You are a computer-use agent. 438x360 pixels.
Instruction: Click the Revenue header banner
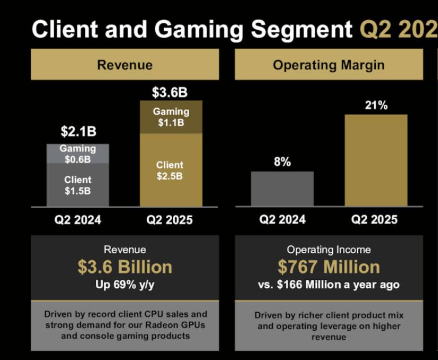pos(124,65)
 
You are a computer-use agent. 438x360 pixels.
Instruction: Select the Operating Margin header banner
pos(328,65)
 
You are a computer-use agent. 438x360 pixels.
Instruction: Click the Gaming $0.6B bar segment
pos(78,154)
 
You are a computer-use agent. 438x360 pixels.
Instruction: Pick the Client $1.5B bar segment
pos(78,185)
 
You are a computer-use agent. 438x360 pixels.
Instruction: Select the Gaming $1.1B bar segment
pos(171,117)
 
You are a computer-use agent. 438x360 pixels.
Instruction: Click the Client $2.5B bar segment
pos(171,170)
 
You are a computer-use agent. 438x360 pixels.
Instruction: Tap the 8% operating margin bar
pos(282,189)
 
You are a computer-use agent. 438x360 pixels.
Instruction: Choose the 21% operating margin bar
pos(376,160)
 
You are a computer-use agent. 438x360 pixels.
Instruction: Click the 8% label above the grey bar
pos(282,162)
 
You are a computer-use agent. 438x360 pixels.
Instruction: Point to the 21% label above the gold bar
pos(376,106)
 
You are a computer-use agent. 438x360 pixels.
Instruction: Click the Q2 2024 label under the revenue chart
pos(78,220)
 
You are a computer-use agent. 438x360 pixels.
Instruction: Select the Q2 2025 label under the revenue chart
pos(170,220)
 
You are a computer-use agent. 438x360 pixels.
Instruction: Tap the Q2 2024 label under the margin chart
pos(282,220)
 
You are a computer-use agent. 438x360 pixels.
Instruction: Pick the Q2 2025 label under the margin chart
pos(374,220)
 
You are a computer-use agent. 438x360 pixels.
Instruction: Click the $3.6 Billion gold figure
pos(124,267)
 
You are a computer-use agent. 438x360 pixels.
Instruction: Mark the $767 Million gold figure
pos(328,267)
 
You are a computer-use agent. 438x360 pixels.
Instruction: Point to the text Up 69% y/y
pos(124,284)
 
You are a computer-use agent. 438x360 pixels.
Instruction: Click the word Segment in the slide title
pos(301,29)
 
